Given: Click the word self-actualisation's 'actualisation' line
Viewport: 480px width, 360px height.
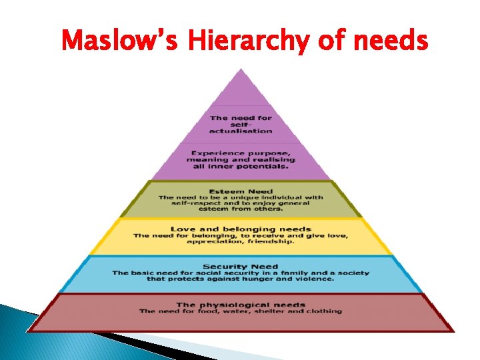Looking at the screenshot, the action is [241, 131].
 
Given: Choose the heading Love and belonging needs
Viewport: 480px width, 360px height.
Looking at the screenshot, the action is [241, 229].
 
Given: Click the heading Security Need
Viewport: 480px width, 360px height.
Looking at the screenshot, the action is [240, 267].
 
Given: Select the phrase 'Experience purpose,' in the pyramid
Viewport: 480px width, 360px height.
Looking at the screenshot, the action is [241, 153].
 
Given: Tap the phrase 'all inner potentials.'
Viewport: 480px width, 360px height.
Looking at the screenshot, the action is [241, 166].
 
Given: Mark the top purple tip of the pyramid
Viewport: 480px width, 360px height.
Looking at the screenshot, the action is [241, 77].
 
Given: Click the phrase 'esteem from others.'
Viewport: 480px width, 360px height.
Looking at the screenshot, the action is [241, 209].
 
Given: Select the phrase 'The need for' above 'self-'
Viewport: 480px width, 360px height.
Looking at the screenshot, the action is [241, 118].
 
